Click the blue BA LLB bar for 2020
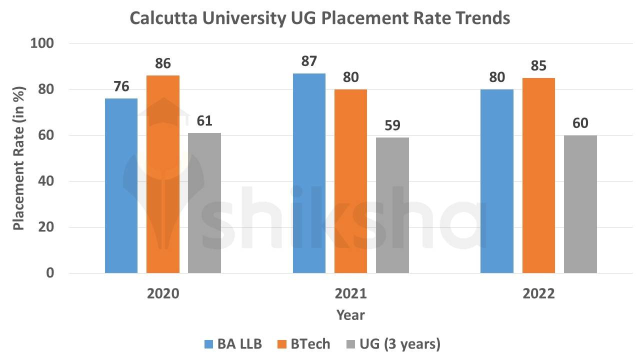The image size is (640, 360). click(121, 185)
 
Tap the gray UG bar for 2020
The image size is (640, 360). click(204, 202)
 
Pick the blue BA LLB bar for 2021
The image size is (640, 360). click(309, 173)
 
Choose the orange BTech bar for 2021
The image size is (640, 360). click(350, 181)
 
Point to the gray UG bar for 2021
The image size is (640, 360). click(392, 205)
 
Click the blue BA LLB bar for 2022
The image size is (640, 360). click(497, 181)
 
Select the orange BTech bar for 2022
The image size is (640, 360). click(538, 175)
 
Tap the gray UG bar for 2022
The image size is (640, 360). click(580, 204)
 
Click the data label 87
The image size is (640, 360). click(309, 61)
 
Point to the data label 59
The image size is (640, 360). click(392, 125)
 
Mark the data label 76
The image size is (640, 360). click(121, 86)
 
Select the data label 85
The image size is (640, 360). click(539, 65)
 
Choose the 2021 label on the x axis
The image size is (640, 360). click(350, 293)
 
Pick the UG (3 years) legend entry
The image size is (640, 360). click(394, 344)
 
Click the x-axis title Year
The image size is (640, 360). click(350, 315)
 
